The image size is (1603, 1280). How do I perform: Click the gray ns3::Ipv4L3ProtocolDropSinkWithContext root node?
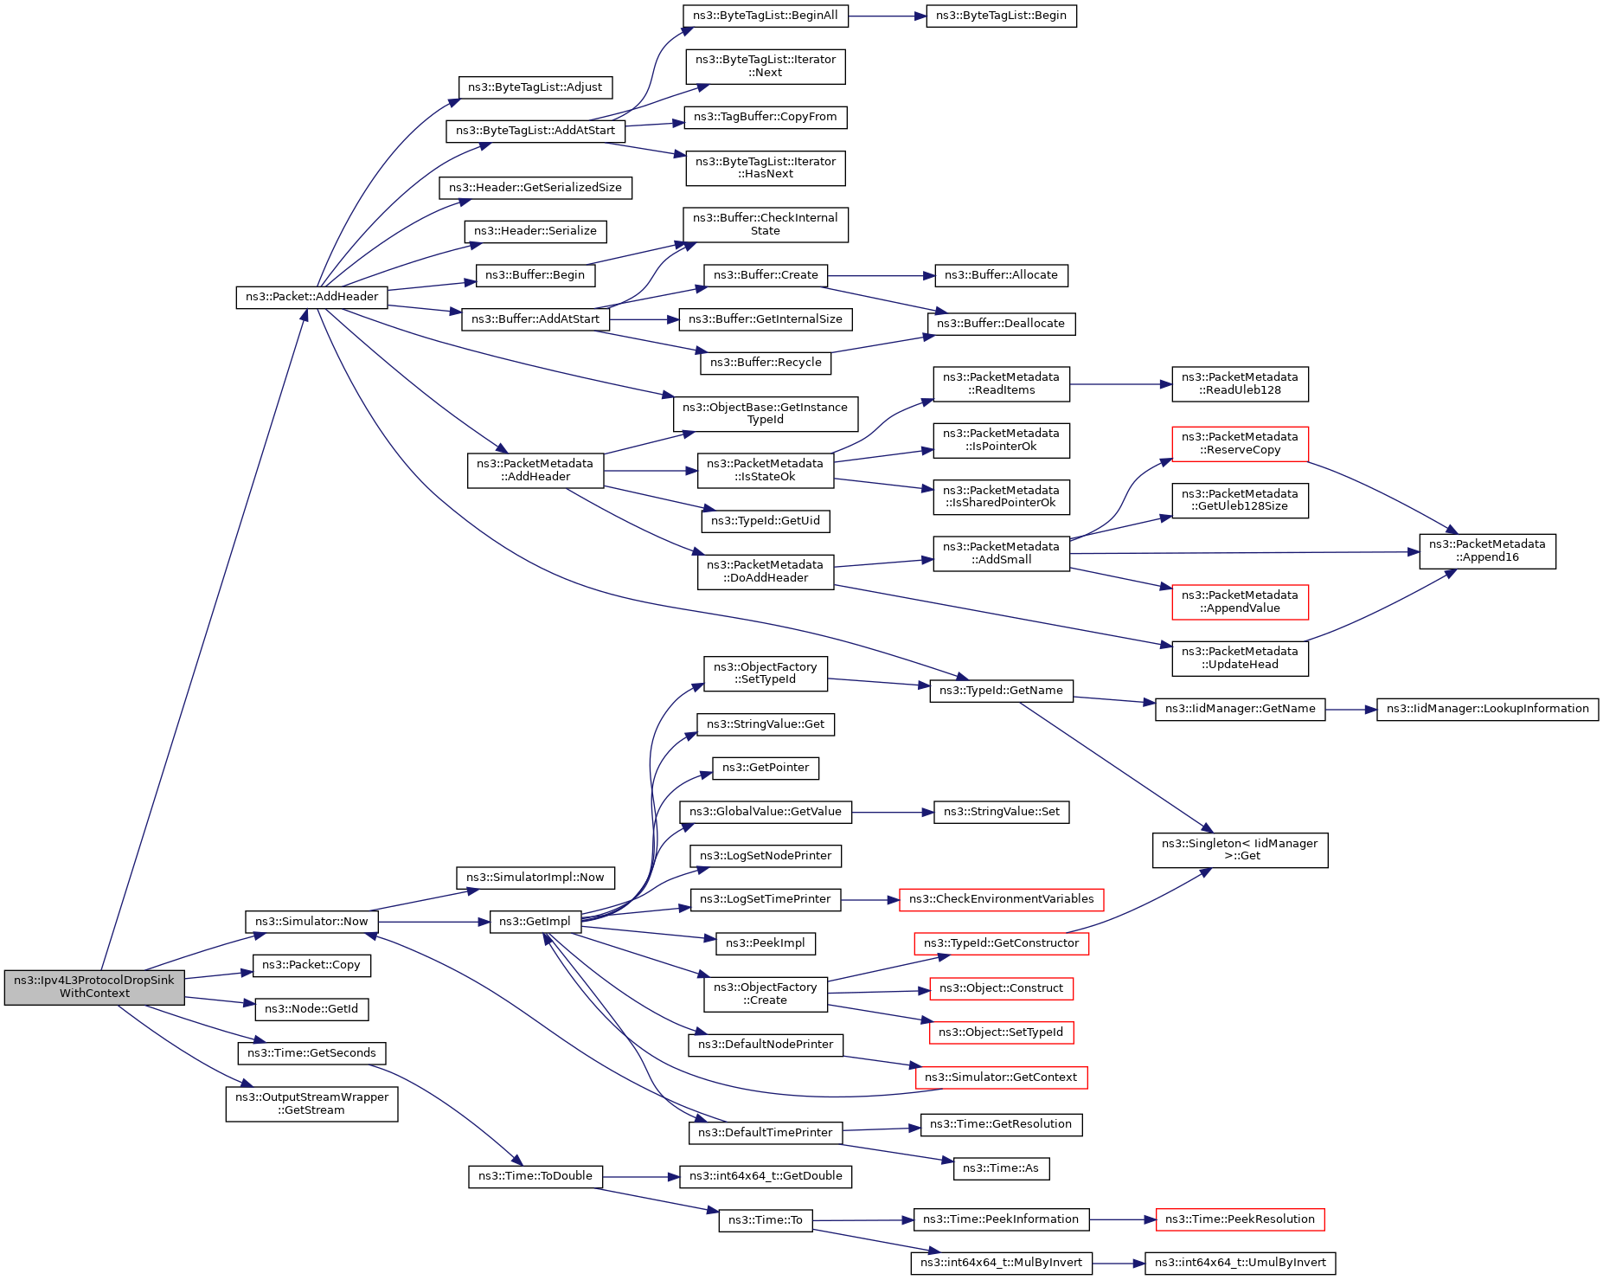click(x=94, y=987)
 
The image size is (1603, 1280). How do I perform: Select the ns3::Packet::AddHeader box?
click(x=311, y=297)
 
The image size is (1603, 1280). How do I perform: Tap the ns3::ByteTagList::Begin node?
click(x=1001, y=16)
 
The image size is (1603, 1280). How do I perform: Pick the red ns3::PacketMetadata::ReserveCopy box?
click(x=1240, y=443)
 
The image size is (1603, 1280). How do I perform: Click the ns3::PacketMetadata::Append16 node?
click(x=1487, y=551)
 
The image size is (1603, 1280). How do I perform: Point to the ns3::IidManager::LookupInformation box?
click(x=1487, y=709)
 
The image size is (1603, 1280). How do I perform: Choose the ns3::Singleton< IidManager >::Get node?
click(x=1240, y=850)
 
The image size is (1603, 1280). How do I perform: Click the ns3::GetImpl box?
click(x=535, y=922)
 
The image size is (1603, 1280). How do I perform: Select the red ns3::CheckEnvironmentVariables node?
click(x=1001, y=899)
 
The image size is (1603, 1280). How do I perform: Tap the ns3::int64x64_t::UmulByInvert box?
click(x=1240, y=1263)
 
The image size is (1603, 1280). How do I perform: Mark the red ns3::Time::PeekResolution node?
click(x=1240, y=1219)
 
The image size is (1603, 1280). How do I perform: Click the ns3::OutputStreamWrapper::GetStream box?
click(x=311, y=1103)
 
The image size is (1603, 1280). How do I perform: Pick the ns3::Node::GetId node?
click(x=311, y=1009)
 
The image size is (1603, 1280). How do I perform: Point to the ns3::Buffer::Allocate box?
click(x=1001, y=275)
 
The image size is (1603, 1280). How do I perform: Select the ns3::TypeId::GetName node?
click(x=1001, y=691)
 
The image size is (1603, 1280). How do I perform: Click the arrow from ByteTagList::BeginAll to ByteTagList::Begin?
click(x=887, y=16)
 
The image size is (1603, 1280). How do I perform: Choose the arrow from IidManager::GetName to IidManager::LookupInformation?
click(x=1350, y=710)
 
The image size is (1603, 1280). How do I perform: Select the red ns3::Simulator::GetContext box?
click(x=1001, y=1077)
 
